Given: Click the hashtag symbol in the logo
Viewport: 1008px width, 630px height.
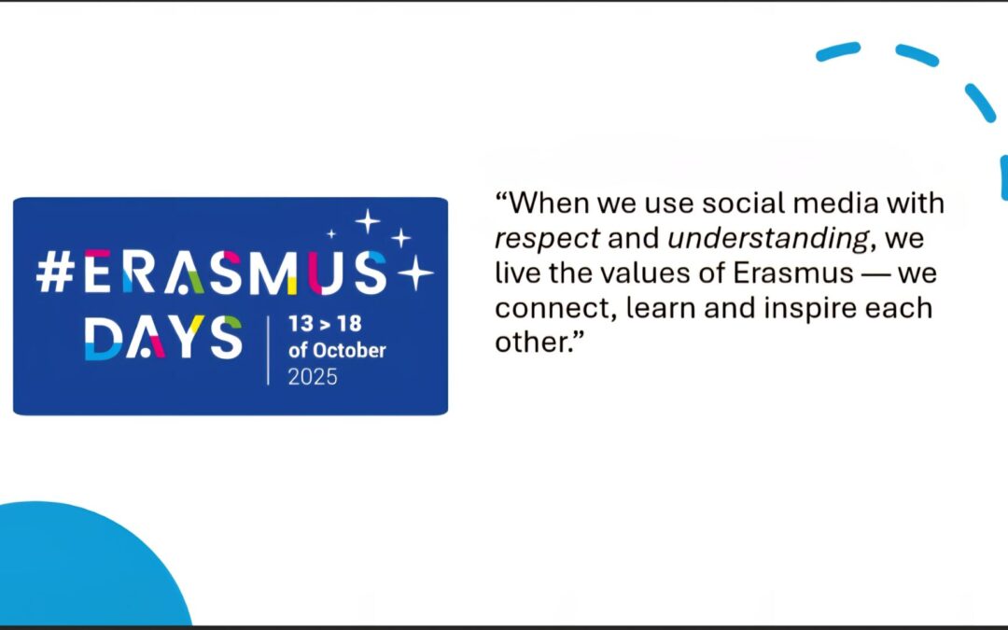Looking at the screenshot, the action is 55,273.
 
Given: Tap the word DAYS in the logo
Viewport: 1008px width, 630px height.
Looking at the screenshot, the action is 163,338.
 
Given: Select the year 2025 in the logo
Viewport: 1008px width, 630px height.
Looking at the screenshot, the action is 313,377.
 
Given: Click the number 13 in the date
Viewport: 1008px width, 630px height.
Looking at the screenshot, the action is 301,323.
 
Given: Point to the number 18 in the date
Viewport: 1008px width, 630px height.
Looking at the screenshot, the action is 349,323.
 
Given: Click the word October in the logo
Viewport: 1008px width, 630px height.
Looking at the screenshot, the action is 349,350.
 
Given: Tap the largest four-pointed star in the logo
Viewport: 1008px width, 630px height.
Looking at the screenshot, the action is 416,273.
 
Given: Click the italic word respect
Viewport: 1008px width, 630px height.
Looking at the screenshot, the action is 547,239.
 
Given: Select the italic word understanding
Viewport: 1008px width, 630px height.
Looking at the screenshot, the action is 769,239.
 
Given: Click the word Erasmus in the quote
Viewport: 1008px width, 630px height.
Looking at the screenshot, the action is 793,273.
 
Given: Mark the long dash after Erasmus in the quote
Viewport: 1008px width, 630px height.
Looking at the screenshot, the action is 875,274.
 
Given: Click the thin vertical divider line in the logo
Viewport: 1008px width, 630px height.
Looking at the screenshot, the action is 268,350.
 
